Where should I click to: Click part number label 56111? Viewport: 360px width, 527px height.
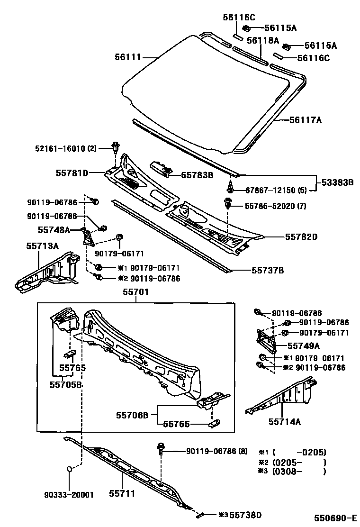pyautogui.click(x=127, y=57)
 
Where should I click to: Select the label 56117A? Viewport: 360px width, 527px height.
pyautogui.click(x=306, y=120)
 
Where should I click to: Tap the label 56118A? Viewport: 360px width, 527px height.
pyautogui.click(x=262, y=40)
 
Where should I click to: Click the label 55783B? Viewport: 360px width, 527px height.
pyautogui.click(x=197, y=175)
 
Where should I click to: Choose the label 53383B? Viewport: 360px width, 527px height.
pyautogui.click(x=338, y=182)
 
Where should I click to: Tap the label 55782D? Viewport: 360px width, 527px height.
pyautogui.click(x=301, y=236)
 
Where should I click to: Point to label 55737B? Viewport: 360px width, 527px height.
pyautogui.click(x=267, y=271)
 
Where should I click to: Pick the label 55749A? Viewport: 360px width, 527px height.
pyautogui.click(x=304, y=345)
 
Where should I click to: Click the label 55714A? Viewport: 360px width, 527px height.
pyautogui.click(x=284, y=421)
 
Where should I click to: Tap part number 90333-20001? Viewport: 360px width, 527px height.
pyautogui.click(x=69, y=495)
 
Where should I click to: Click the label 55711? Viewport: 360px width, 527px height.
pyautogui.click(x=123, y=494)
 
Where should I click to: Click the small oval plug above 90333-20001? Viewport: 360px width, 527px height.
pyautogui.click(x=69, y=469)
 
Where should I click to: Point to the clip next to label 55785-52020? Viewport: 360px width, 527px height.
pyautogui.click(x=228, y=205)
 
